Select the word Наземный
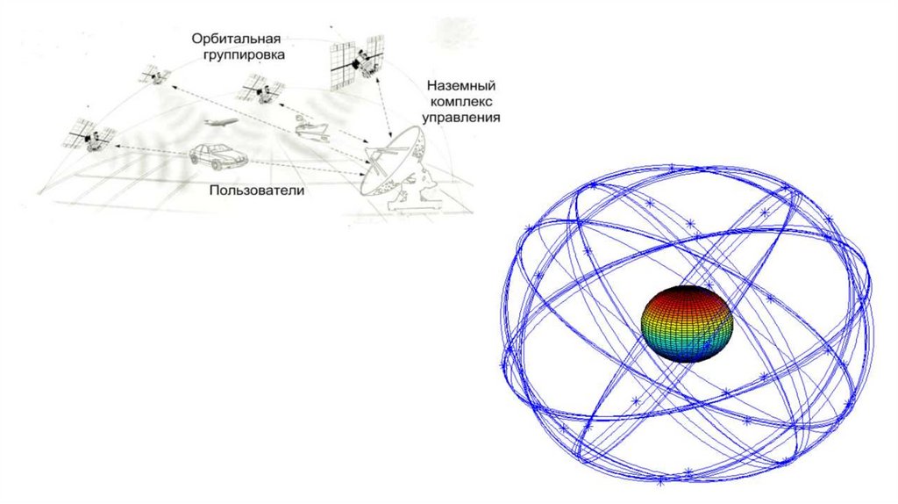point(462,86)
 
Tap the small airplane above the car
point(218,123)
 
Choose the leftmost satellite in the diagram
point(91,134)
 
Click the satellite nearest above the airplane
point(258,86)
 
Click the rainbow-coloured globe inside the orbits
point(687,323)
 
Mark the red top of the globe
point(687,294)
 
